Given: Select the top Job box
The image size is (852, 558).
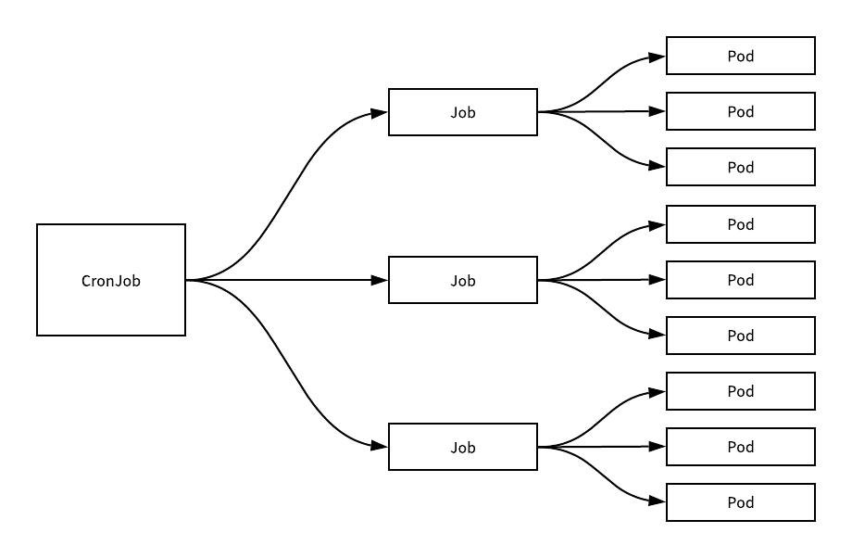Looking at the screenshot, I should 463,112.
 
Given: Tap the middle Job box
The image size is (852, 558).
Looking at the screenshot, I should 463,280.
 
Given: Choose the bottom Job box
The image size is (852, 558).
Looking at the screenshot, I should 463,447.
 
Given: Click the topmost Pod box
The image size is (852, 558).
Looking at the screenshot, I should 741,56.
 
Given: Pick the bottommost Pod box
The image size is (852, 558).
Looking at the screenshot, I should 741,502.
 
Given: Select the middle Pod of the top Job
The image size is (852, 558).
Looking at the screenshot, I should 741,111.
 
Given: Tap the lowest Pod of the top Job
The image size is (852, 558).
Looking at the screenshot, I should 741,167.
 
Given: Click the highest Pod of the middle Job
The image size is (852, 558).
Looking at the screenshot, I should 741,224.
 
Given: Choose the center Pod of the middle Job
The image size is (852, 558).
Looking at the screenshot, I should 741,280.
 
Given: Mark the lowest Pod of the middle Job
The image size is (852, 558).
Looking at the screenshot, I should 741,336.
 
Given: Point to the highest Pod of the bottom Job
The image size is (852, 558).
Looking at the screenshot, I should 741,391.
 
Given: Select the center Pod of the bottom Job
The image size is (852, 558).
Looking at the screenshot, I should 741,447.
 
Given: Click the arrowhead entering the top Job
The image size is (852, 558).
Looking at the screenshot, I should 379,113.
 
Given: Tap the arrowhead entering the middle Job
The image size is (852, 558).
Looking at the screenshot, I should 379,280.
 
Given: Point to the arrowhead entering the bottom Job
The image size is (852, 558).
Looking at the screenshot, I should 379,446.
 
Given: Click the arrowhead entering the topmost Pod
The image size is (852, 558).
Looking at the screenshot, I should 657,57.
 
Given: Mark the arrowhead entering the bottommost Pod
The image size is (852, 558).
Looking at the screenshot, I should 657,501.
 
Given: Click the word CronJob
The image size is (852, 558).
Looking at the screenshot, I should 111,281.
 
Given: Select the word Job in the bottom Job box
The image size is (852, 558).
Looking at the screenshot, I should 463,448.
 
